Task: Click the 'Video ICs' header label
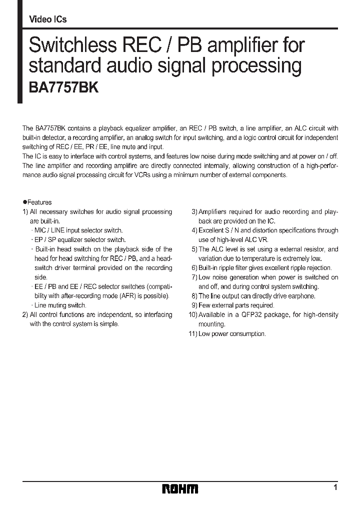(48, 19)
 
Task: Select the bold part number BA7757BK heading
(61, 88)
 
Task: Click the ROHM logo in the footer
(180, 488)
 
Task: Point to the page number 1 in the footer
(335, 487)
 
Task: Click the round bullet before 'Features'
(24, 202)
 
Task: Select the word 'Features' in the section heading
(39, 202)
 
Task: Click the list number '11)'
(192, 334)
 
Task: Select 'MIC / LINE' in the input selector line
(48, 230)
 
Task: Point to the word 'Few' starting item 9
(204, 305)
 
